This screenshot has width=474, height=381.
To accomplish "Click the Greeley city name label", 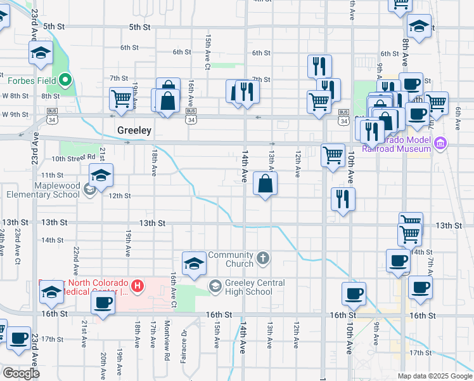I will [x=134, y=130].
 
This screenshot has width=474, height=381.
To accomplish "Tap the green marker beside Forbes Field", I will [x=65, y=81].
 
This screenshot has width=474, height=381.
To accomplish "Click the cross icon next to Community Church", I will [x=264, y=259].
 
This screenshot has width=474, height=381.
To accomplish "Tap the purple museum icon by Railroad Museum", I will [x=441, y=144].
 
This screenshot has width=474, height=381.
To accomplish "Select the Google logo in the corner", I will [x=20, y=373].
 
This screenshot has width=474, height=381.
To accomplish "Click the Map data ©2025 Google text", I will [x=434, y=376].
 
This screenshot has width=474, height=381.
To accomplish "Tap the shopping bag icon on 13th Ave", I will [x=266, y=184].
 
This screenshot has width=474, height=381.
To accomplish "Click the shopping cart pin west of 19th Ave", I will [x=120, y=98].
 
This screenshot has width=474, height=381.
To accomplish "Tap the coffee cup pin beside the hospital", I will [x=103, y=302].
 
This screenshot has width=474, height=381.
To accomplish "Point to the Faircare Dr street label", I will [x=184, y=340].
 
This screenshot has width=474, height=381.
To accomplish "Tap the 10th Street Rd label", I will [x=74, y=157].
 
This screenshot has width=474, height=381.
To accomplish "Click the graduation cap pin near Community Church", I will [x=194, y=264].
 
